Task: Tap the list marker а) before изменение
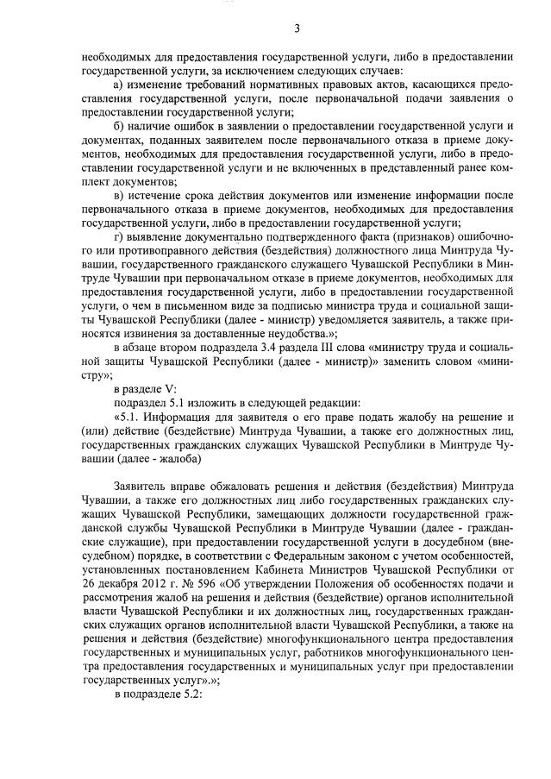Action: pyautogui.click(x=120, y=87)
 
